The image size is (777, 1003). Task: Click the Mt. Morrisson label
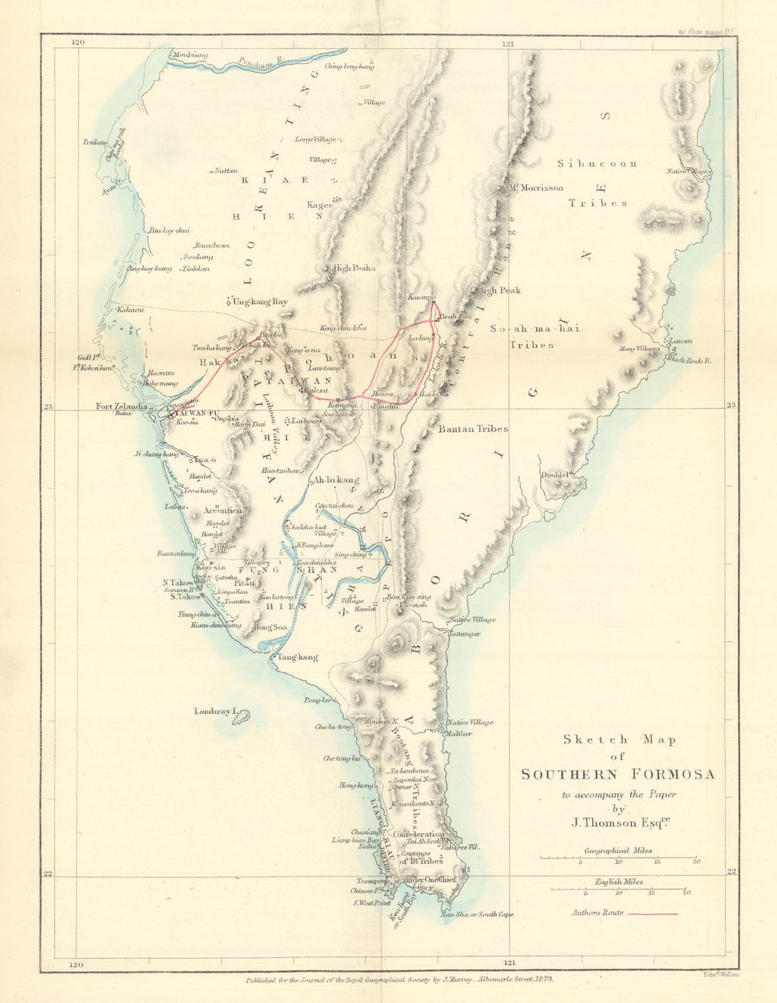(535, 188)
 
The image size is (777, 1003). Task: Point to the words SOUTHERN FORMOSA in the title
(618, 775)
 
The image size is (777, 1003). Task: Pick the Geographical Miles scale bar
(618, 858)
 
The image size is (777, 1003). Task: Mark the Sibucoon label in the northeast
(597, 164)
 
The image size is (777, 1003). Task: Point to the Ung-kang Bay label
(256, 301)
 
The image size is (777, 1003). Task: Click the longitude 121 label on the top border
(508, 44)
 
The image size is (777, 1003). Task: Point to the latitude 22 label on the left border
(48, 874)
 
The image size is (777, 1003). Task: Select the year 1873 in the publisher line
(541, 981)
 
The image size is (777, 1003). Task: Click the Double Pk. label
(556, 474)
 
